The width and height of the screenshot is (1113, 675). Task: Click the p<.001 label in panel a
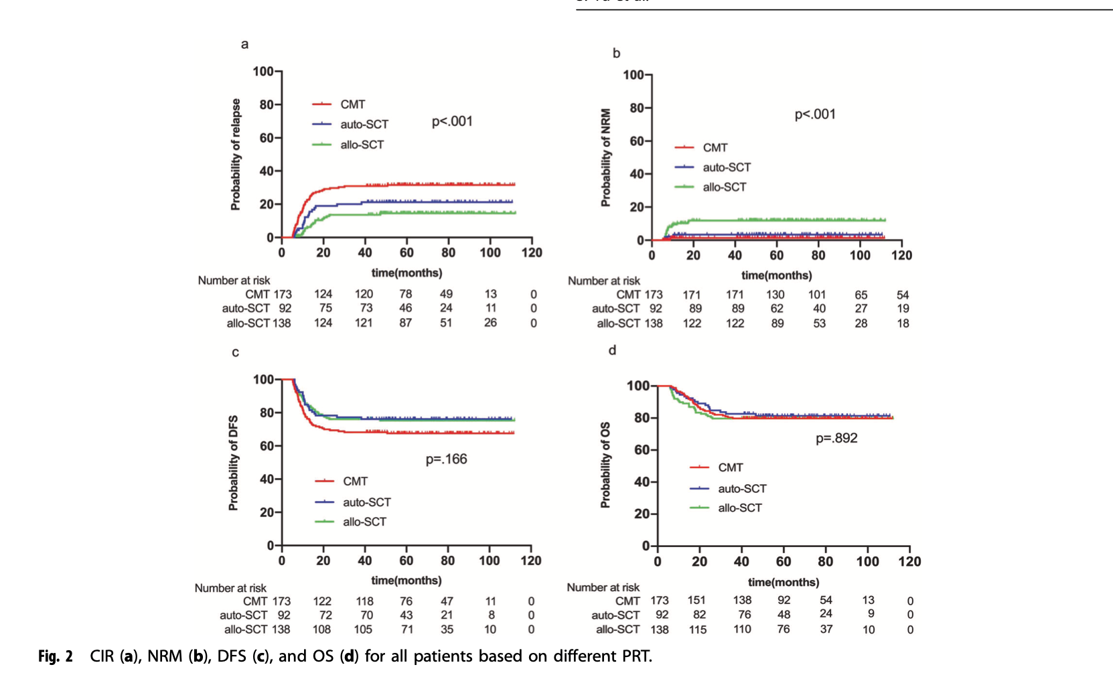coord(452,121)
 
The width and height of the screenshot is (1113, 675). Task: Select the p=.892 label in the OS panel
coord(836,438)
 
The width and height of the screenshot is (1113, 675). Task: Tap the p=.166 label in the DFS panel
coord(446,459)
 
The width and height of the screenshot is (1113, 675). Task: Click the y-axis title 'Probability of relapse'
coord(236,155)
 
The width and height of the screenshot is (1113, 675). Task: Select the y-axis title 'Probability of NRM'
coord(606,157)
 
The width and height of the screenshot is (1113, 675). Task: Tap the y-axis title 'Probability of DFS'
coord(233,463)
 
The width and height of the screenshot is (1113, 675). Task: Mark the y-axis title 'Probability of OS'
coord(605,465)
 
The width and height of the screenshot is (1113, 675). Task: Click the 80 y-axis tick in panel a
coord(267,104)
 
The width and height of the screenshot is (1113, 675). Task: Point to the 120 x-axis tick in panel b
coord(901,255)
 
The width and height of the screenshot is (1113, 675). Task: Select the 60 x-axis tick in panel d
coord(784,562)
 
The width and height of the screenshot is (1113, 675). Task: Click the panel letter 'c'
coord(235,352)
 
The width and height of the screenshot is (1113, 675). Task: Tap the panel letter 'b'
coord(616,53)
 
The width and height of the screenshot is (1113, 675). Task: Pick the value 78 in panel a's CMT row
coord(405,294)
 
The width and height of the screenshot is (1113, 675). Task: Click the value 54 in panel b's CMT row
coord(903,295)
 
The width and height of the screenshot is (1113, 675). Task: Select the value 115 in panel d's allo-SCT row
coord(698,629)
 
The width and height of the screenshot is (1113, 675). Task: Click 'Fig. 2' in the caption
coord(55,656)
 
